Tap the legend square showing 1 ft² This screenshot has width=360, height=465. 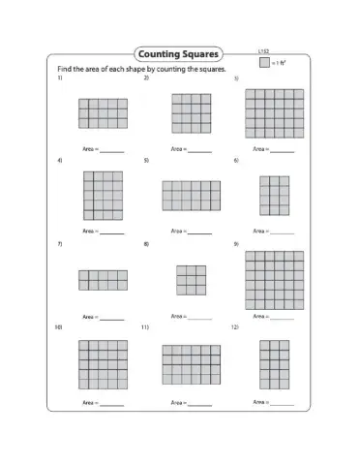(x=263, y=63)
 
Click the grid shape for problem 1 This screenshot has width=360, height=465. (x=103, y=113)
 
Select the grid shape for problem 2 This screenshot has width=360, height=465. (x=191, y=112)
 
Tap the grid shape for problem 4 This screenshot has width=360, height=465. (x=103, y=196)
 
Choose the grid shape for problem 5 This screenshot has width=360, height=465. (x=191, y=196)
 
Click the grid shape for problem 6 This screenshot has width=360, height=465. (x=274, y=196)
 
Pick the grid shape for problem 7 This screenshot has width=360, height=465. (x=103, y=280)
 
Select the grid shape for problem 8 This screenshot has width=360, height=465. (x=191, y=280)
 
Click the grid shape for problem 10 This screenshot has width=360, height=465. (x=103, y=364)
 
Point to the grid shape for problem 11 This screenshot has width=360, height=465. (x=191, y=365)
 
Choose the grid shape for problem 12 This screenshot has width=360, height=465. (x=274, y=364)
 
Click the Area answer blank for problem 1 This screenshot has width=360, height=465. (x=112, y=151)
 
